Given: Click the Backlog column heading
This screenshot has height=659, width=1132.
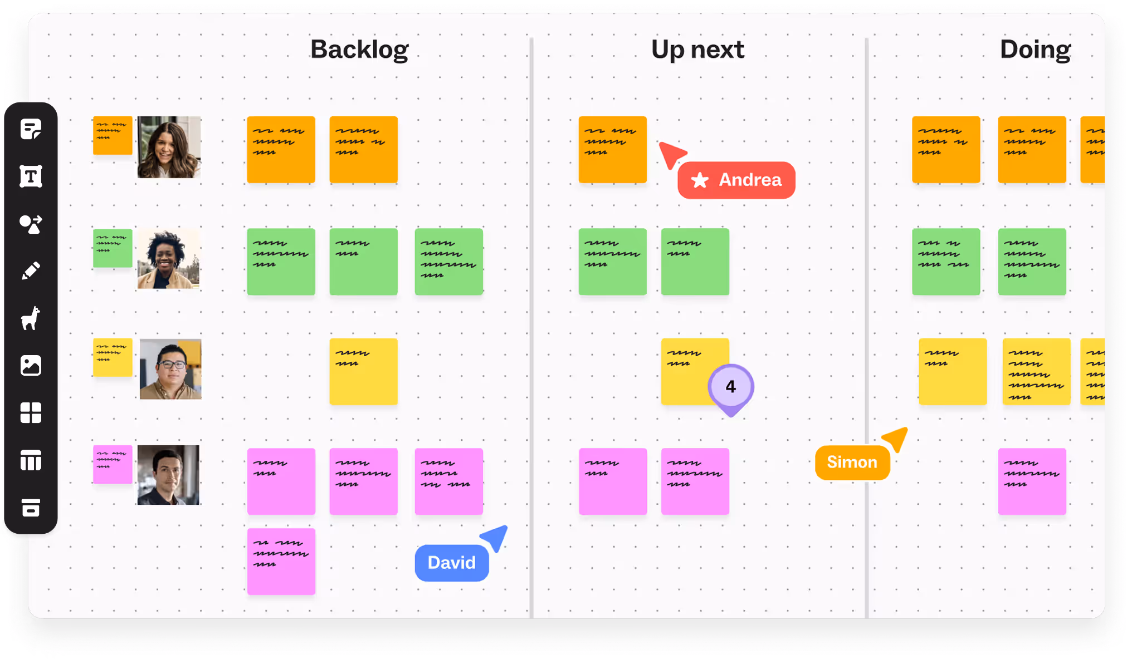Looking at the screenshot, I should pos(359,50).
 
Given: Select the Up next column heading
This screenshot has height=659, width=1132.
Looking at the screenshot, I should pos(697,50).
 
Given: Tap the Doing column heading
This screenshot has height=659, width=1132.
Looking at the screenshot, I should pos(1035,50).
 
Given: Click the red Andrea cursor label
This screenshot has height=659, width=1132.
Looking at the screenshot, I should pos(736,180).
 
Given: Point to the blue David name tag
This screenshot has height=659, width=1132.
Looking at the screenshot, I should pos(452,563).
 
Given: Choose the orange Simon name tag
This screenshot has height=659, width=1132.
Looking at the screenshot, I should pos(852,462).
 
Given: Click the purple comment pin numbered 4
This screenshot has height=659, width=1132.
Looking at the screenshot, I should pos(731,387).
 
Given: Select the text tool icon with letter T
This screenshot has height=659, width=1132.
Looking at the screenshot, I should pos(31,176).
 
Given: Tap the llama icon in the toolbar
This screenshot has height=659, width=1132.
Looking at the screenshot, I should pos(31,318).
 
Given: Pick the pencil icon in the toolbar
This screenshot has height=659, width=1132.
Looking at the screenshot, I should pos(31,271).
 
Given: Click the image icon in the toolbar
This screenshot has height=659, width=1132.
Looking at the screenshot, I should pos(31,366).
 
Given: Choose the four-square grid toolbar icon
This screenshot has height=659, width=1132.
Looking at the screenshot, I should pos(31,413).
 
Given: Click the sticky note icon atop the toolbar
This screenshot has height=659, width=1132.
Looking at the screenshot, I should pos(31,129).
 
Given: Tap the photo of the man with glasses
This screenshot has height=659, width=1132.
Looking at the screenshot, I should pos(170,369).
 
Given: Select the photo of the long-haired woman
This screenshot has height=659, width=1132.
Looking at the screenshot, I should pos(169,147).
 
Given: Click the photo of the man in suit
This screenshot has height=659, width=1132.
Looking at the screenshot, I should pos(168,475).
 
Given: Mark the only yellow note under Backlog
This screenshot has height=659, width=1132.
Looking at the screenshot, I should pos(363,371).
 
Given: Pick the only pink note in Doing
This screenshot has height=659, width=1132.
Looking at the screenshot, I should pos(1032,481).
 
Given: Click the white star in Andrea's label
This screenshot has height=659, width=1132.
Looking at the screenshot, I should pos(700,180).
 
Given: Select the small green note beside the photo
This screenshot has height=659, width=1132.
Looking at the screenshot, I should pos(113,248).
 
